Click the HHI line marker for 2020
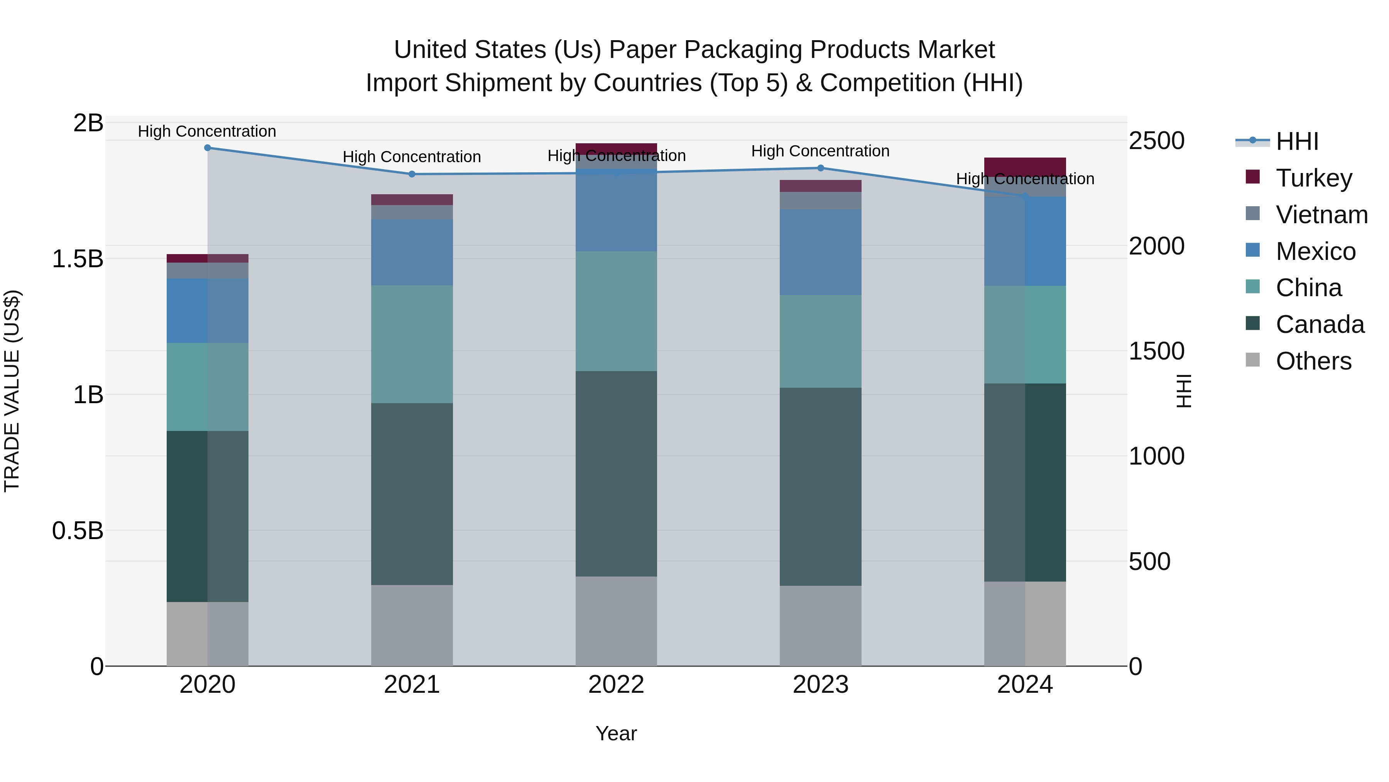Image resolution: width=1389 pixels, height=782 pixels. tap(208, 148)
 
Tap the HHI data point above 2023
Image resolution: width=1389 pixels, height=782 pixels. tap(821, 168)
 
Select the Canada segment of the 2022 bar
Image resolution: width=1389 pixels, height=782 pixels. tap(616, 473)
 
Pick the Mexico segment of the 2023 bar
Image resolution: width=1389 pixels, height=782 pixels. tap(821, 252)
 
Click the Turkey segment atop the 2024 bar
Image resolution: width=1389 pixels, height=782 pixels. tap(1025, 166)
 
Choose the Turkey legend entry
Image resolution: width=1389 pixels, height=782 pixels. tap(1313, 178)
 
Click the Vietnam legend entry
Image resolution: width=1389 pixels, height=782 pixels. tap(1321, 214)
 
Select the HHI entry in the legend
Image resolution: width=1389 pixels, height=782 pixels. tap(1297, 141)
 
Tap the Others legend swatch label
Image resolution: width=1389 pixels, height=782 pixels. tap(1313, 361)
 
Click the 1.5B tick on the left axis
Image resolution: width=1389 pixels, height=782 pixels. tap(78, 258)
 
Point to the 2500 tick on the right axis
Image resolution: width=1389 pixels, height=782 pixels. tap(1157, 141)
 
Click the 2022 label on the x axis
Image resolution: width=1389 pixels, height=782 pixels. tap(616, 684)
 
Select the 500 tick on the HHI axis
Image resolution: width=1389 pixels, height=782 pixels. tap(1150, 561)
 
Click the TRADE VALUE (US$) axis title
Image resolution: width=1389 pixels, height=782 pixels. tap(12, 391)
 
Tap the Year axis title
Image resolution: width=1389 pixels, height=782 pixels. tap(616, 733)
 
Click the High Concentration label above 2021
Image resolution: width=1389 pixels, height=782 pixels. tap(412, 157)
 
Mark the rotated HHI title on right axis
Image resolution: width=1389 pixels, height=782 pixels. tap(1184, 391)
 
